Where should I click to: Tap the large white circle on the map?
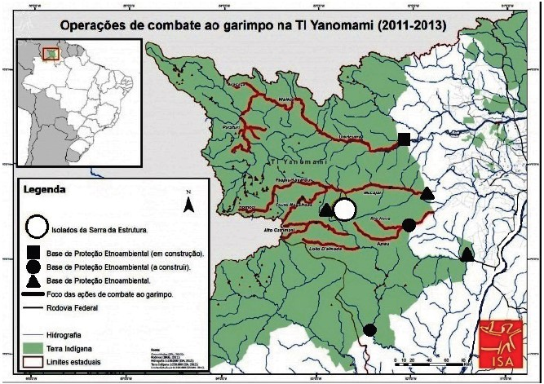[345, 210]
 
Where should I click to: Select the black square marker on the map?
[404, 139]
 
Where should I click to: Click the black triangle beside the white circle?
[326, 211]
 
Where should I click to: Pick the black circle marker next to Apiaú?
[409, 225]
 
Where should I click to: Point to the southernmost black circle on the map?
[369, 329]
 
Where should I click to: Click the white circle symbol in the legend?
[36, 226]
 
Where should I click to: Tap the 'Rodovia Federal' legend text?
[73, 308]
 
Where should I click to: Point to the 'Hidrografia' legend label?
[69, 334]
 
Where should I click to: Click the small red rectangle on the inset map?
[51, 55]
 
